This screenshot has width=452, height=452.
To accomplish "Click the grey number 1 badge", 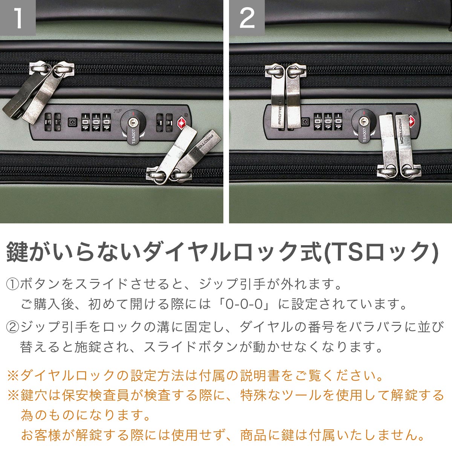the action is (x=18, y=18).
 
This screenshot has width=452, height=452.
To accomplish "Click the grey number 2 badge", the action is (x=247, y=18).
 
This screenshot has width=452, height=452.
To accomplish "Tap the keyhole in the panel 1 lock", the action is (x=133, y=122).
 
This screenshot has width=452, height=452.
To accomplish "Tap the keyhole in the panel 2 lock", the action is (x=363, y=121).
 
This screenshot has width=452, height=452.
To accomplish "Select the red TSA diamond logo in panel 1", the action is (x=182, y=122).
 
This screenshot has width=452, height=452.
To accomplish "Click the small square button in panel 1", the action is (x=72, y=122).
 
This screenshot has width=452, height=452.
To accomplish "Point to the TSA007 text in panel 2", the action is (x=365, y=135).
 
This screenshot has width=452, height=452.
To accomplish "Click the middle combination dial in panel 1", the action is (x=96, y=122).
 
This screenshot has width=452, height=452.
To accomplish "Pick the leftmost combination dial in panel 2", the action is (x=318, y=122).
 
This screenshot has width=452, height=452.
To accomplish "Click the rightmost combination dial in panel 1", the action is (x=107, y=122).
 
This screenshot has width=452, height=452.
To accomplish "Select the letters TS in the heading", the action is (x=346, y=252).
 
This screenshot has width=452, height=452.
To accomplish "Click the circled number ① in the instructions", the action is (x=12, y=284).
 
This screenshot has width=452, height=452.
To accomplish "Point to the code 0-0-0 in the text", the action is (x=244, y=304).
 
